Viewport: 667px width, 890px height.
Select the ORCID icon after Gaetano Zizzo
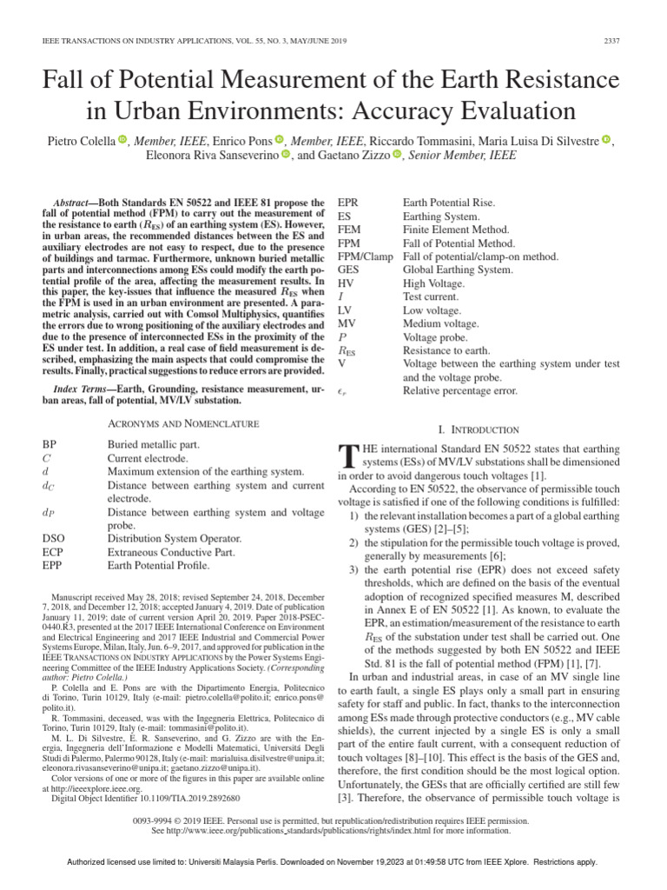(x=398, y=156)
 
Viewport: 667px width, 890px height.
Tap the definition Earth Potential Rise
(x=448, y=203)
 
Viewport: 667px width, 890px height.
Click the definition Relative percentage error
(x=460, y=391)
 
